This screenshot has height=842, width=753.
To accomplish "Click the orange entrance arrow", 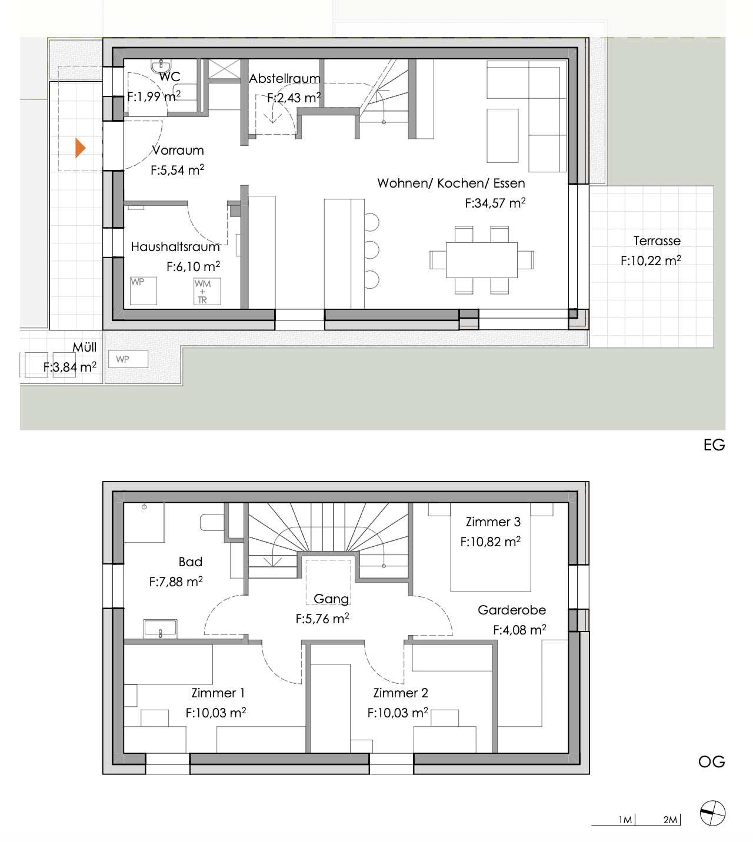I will (81, 148).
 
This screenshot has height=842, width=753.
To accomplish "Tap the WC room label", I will (170, 77).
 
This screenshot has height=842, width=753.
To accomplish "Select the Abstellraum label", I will (285, 79).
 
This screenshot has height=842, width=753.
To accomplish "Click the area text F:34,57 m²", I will (495, 203).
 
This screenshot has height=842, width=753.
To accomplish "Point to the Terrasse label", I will (657, 241).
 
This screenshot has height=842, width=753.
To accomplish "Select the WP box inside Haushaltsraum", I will (143, 290).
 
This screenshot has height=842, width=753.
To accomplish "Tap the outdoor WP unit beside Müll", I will (128, 359).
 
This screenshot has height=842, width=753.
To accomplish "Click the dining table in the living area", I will (481, 259).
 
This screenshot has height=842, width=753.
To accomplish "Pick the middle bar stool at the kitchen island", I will (371, 249).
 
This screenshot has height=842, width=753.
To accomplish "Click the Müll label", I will (84, 348).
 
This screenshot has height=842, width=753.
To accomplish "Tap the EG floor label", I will (714, 445).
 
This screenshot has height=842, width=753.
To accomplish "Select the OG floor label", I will (711, 762).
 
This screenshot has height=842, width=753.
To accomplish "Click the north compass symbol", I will (712, 814).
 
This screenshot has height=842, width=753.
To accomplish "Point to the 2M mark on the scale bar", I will (670, 820).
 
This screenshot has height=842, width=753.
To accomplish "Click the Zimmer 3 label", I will (493, 522).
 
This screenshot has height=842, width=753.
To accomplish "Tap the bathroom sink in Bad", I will (160, 629).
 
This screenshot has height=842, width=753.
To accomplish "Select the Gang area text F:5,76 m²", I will (322, 619).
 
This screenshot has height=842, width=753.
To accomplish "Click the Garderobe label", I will (512, 610).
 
